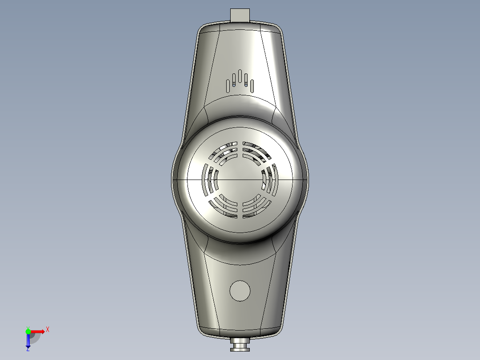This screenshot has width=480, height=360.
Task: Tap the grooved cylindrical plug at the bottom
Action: pos(240,344)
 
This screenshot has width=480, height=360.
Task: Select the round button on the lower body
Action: pos(240,290)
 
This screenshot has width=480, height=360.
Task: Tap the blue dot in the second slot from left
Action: pos(234,83)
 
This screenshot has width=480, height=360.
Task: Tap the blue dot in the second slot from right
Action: pos(246,83)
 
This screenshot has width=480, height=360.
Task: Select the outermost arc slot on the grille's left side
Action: pos(206,180)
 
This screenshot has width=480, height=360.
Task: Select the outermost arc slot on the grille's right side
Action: pos(275,180)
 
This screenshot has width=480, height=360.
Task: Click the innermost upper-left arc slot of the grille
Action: pos(228,161)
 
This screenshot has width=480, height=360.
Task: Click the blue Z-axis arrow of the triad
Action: pos(28,340)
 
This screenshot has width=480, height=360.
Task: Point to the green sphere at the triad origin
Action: pos(28,331)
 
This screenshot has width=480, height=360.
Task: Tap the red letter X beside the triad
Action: pos(48,330)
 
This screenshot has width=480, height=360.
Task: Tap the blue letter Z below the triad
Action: pos(28,349)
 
